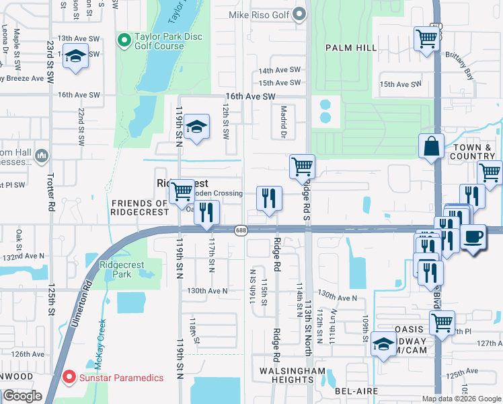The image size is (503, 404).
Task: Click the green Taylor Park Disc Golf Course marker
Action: tap(124, 41)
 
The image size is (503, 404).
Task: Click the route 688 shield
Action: tap(241, 230)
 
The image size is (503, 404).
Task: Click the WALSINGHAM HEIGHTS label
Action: tap(293, 376)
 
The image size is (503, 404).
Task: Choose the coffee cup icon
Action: tap(473, 237)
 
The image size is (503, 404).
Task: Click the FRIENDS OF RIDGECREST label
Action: tap(139, 207)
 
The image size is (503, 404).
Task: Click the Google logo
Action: tap(22, 396)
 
